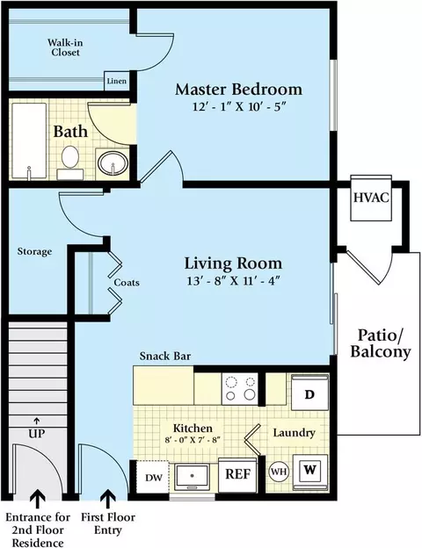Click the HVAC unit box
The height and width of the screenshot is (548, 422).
tap(371, 198)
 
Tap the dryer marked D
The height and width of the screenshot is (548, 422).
tap(309, 393)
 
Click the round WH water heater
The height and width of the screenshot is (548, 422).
tap(279, 472)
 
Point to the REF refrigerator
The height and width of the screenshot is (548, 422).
tap(238, 474)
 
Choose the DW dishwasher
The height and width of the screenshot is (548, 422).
tap(153, 477)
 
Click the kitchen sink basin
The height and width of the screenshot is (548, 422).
tap(193, 476)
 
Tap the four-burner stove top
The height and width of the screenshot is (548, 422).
tap(240, 389)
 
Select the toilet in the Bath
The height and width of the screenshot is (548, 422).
tap(70, 162)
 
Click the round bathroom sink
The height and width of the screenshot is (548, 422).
tap(113, 162)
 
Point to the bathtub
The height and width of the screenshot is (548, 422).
tap(29, 141)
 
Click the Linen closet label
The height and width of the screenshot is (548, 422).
tap(117, 81)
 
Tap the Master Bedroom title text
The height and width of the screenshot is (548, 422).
tap(238, 90)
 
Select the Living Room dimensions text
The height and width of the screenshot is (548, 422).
tap(234, 281)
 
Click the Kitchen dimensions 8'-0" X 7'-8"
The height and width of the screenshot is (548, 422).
tap(193, 440)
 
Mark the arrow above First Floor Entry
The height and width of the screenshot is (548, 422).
tap(108, 499)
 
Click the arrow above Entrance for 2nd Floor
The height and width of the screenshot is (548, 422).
tap(38, 499)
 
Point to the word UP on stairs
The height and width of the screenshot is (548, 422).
tap(37, 434)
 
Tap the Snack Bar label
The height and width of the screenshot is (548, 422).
tap(165, 357)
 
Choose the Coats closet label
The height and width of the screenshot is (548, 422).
tap(127, 283)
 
